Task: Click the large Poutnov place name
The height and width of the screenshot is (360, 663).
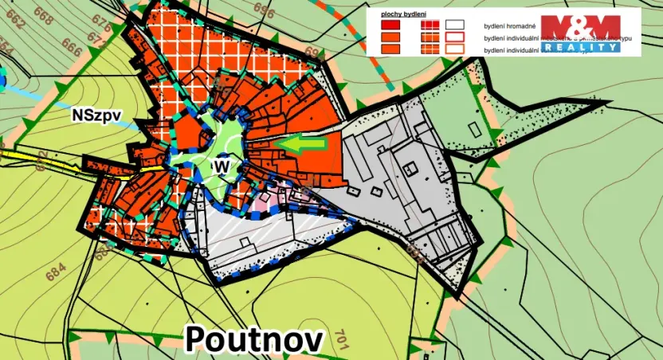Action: coord(255,338)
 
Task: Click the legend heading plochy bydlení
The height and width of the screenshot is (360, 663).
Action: coord(402,14)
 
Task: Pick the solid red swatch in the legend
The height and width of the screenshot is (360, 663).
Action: coord(390,25)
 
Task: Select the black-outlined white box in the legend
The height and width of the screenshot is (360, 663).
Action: coord(454,25)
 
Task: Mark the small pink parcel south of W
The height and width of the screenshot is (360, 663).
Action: coord(263,195)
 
